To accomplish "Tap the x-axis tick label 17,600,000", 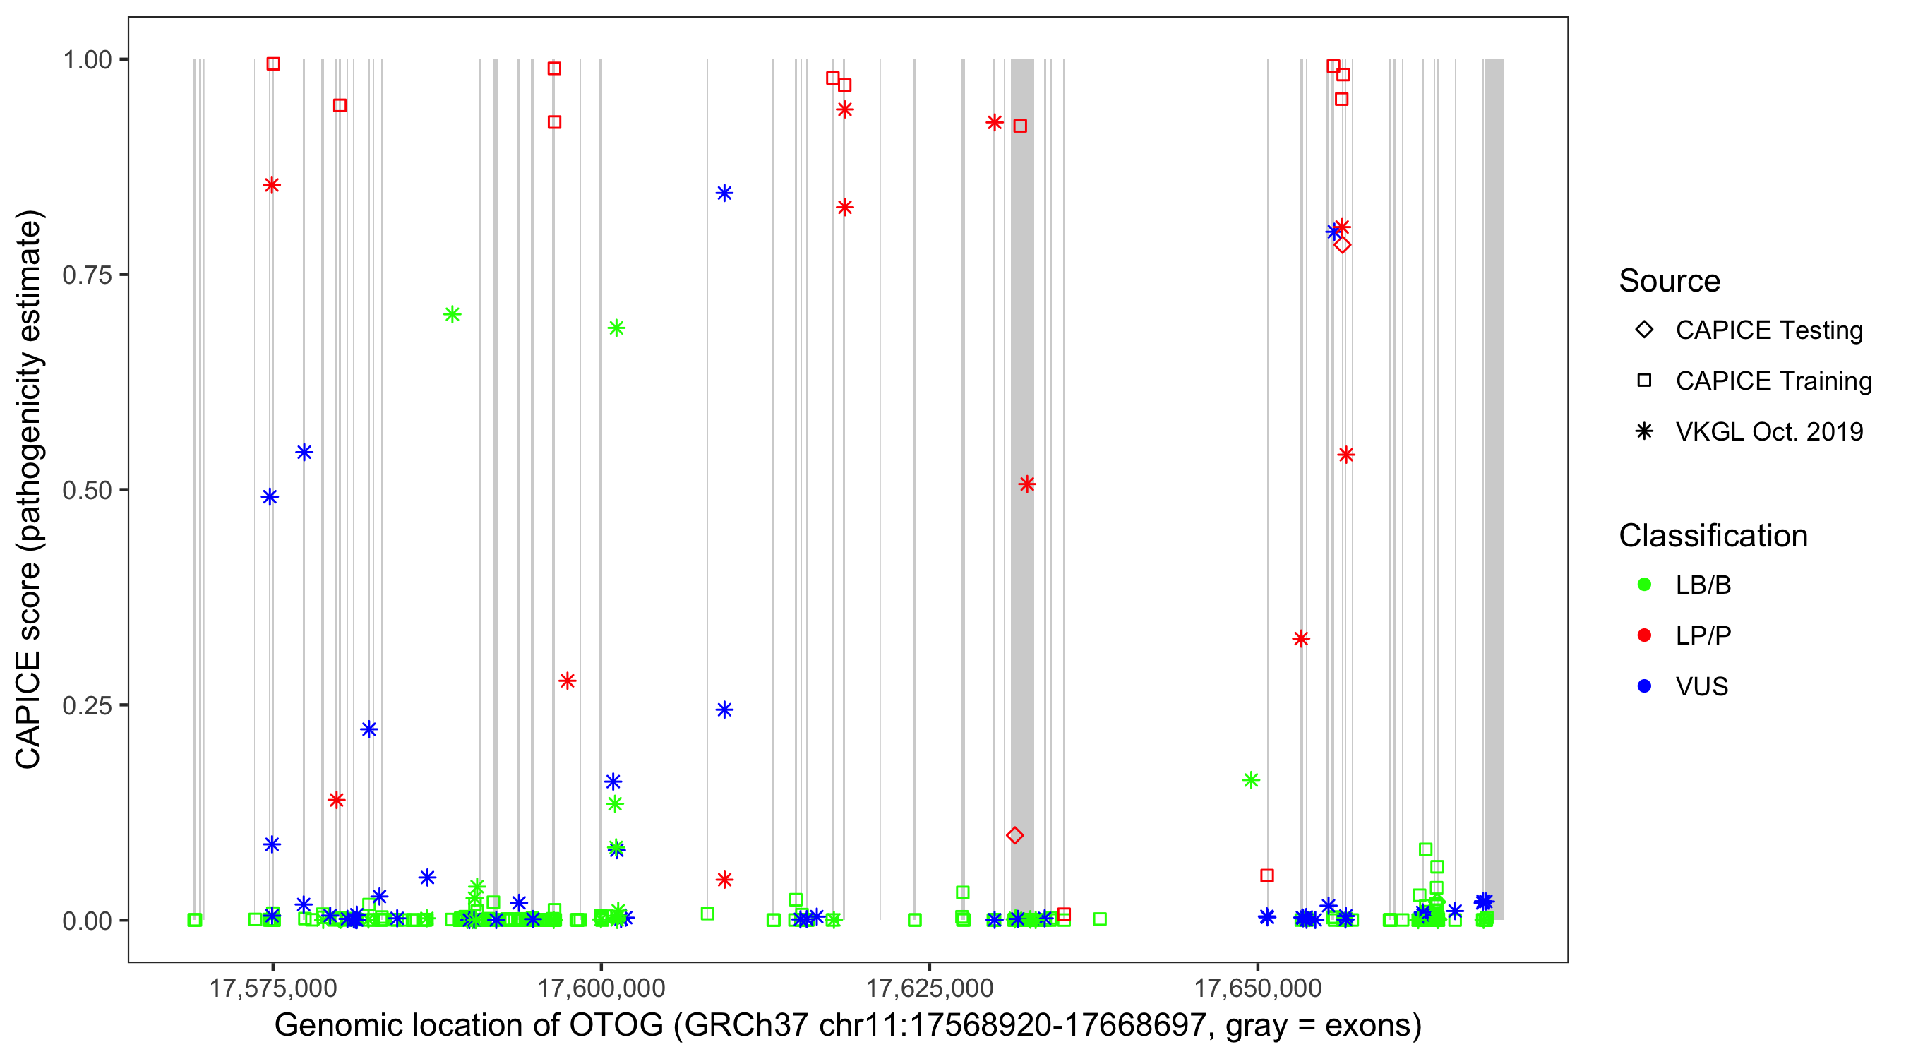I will pyautogui.click(x=601, y=988).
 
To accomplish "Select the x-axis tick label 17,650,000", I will pyautogui.click(x=1257, y=988).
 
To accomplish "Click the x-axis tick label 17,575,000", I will pyautogui.click(x=273, y=988).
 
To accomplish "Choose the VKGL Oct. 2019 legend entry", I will pyautogui.click(x=1768, y=431).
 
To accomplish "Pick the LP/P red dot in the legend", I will pyautogui.click(x=1644, y=635).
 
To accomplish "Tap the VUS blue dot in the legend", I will pyautogui.click(x=1644, y=687).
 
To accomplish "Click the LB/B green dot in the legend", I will pyautogui.click(x=1644, y=585).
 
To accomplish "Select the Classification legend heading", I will pyautogui.click(x=1712, y=536).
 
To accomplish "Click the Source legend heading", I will pyautogui.click(x=1669, y=281).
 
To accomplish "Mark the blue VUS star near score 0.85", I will pyautogui.click(x=724, y=193).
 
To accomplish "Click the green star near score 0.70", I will pyautogui.click(x=452, y=314).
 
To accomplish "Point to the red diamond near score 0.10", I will pyautogui.click(x=1014, y=835).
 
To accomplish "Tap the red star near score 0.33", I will pyautogui.click(x=1301, y=639).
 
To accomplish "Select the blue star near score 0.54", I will pyautogui.click(x=304, y=452).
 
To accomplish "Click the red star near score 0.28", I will pyautogui.click(x=567, y=681).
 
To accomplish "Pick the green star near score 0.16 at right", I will pyautogui.click(x=1251, y=780).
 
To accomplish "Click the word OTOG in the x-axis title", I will pyautogui.click(x=616, y=1026).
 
